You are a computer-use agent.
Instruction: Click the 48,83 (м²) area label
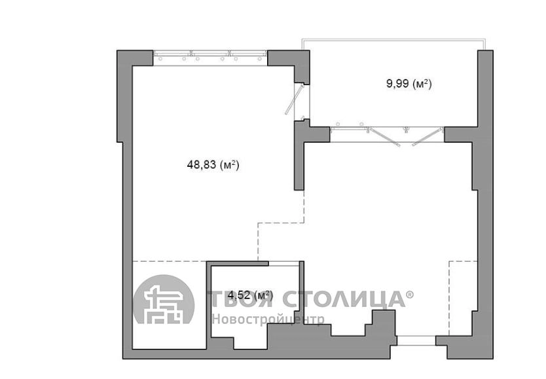(x=213, y=164)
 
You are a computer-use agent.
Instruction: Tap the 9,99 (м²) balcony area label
(x=409, y=84)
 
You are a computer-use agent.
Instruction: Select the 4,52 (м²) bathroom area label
(x=250, y=295)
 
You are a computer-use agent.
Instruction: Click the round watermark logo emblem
(x=164, y=299)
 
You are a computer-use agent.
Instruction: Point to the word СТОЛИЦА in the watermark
(x=343, y=298)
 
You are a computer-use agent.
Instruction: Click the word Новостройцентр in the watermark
(x=268, y=319)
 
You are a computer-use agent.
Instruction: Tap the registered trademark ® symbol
(x=410, y=295)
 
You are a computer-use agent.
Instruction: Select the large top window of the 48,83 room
(x=210, y=57)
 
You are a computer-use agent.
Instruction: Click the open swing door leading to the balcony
(x=295, y=99)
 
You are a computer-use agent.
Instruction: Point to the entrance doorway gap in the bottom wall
(x=416, y=340)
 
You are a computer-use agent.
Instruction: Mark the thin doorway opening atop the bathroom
(x=284, y=263)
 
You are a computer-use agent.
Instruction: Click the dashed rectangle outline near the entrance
(x=463, y=298)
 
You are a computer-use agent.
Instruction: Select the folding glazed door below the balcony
(x=387, y=135)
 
